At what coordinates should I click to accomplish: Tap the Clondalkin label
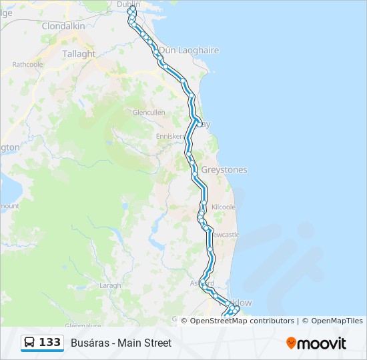tap(63, 26)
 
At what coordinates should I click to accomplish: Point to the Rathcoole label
tap(27, 65)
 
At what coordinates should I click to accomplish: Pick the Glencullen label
tap(149, 113)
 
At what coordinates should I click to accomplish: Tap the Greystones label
tap(224, 170)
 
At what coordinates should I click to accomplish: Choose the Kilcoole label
tap(224, 207)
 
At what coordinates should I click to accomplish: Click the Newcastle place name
tap(225, 235)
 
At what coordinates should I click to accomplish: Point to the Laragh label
tap(110, 285)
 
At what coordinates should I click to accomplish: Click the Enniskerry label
tap(169, 136)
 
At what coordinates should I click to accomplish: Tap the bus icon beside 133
tap(30, 343)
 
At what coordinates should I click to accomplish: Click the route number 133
tap(49, 343)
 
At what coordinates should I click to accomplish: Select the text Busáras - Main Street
tap(121, 343)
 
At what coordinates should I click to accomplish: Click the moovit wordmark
tap(322, 343)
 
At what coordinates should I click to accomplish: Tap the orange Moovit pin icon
tap(291, 343)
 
